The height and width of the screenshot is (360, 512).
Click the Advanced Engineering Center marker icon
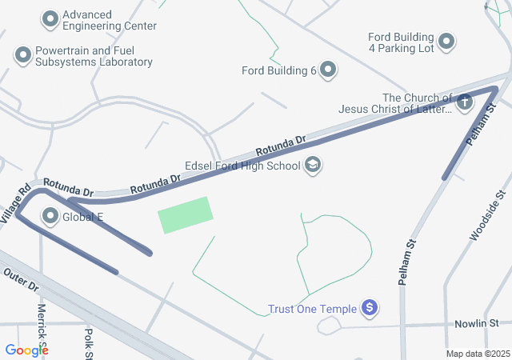click(x=51, y=18)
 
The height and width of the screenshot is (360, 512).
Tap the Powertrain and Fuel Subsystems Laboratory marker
click(x=23, y=55)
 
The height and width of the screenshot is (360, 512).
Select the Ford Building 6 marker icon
click(x=328, y=70)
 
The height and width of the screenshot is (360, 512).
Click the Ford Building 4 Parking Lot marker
click(x=446, y=41)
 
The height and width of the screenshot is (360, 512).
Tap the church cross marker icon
click(x=465, y=102)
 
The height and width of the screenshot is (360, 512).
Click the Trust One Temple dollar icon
click(x=369, y=307)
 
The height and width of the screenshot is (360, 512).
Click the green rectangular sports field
click(x=186, y=214)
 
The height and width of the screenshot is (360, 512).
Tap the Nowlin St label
click(x=477, y=322)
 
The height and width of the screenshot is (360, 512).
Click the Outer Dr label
click(x=21, y=279)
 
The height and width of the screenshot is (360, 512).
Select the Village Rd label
click(x=14, y=203)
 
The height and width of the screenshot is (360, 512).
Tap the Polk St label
click(x=89, y=342)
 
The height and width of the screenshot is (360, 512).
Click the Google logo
click(x=27, y=350)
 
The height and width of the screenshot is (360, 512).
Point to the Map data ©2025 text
click(x=477, y=354)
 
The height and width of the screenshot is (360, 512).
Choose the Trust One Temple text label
click(x=314, y=309)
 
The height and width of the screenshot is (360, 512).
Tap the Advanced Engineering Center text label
click(x=109, y=20)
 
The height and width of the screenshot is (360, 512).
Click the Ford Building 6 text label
click(x=279, y=70)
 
